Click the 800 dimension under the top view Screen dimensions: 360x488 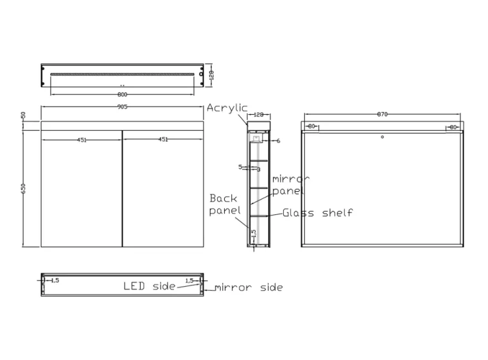[x=122, y=94]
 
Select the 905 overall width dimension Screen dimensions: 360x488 [x=122, y=107]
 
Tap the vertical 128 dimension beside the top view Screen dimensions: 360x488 [x=211, y=75]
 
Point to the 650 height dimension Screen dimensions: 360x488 [x=23, y=188]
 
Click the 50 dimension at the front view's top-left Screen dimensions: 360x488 [x=23, y=115]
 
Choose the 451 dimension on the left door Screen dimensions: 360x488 [x=82, y=139]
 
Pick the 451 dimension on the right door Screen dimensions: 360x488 [x=163, y=139]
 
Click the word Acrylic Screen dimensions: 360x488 [x=227, y=108]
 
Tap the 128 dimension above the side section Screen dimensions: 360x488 [x=258, y=115]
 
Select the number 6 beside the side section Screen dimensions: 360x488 [x=279, y=141]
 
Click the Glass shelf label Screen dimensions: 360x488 [x=318, y=212]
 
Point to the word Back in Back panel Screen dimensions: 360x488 [x=223, y=198]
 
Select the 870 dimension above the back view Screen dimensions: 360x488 [x=382, y=115]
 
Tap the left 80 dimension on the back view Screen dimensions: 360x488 [x=311, y=127]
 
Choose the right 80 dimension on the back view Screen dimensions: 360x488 [x=453, y=127]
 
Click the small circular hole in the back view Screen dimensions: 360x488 [x=382, y=137]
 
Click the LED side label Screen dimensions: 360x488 [x=149, y=286]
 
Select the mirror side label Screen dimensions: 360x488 [x=248, y=287]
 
